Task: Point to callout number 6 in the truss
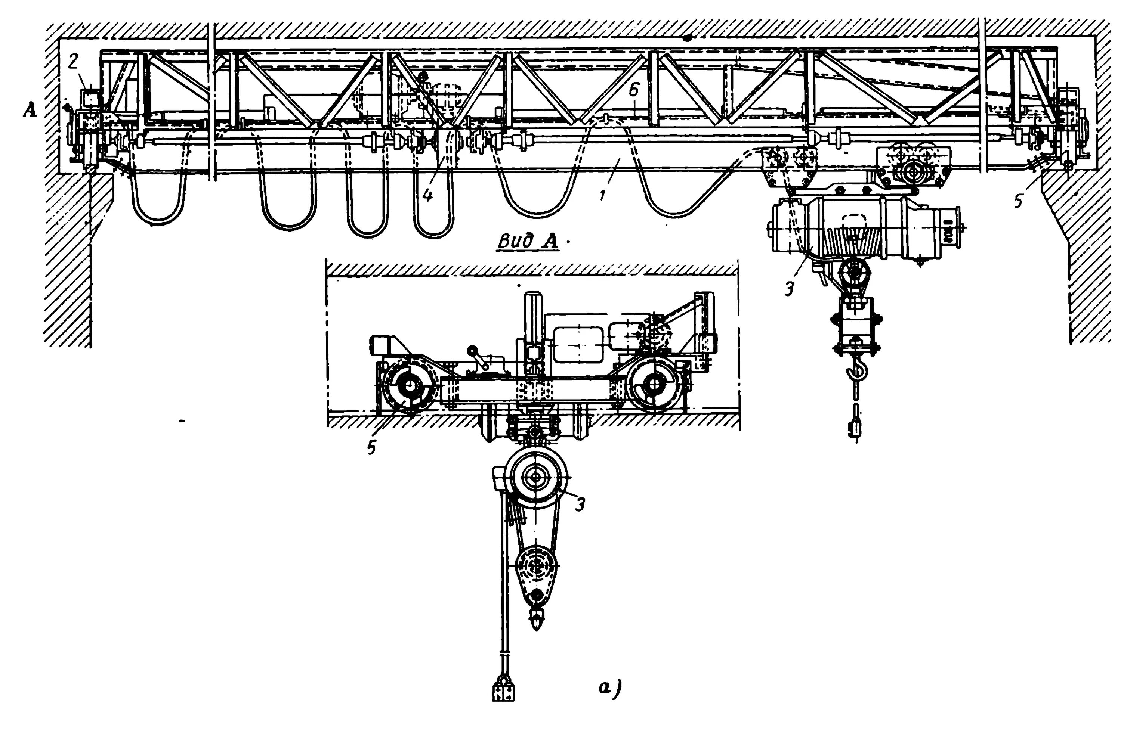click(x=634, y=91)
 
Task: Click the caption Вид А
click(x=528, y=241)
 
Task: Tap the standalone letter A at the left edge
click(x=30, y=111)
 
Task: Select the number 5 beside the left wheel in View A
click(x=372, y=447)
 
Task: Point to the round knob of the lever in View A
click(x=471, y=351)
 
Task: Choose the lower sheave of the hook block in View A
click(x=537, y=565)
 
